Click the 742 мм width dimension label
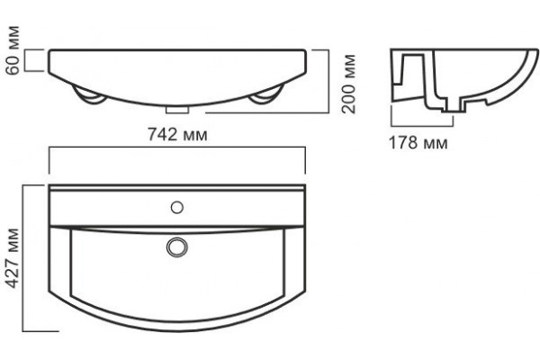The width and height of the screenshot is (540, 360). [177, 134]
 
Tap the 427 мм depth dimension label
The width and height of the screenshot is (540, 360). [13, 257]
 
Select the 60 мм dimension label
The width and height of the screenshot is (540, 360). [13, 50]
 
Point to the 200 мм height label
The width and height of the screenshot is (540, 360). [348, 84]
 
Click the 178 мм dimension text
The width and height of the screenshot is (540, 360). [418, 142]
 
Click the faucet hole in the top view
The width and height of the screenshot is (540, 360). [177, 207]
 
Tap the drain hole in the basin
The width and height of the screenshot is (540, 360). [177, 247]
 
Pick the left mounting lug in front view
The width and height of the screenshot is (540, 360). [88, 94]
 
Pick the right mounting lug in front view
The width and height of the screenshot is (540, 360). [265, 94]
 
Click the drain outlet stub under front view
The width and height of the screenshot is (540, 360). [177, 110]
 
